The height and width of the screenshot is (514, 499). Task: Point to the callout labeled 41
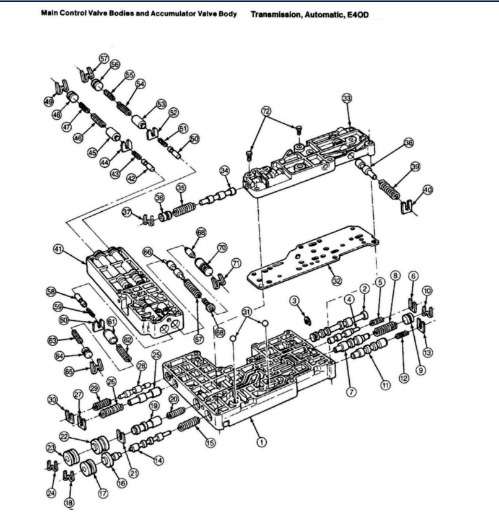[x=59, y=250]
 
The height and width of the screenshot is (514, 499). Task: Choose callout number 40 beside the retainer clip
[x=427, y=189]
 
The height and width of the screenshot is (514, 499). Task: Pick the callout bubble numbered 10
[x=427, y=290]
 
